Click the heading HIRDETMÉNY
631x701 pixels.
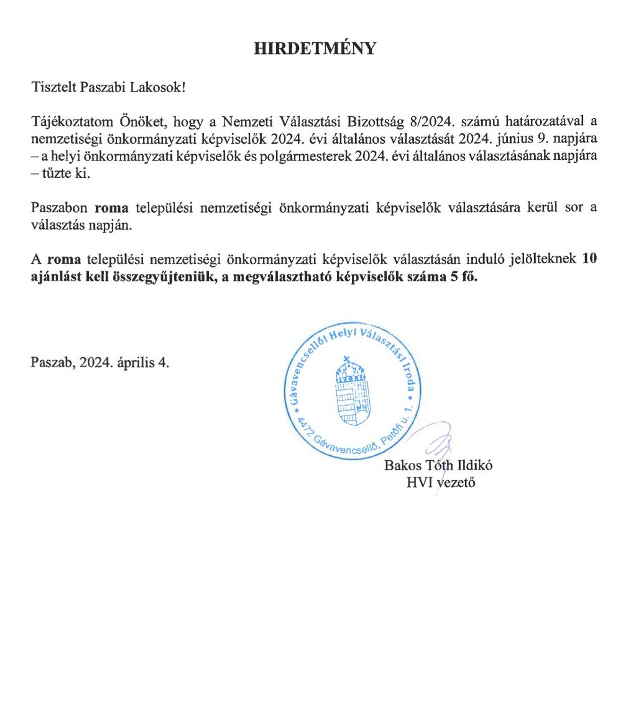(x=315, y=49)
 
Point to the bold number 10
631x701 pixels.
(x=591, y=260)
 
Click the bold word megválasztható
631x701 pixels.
(x=277, y=278)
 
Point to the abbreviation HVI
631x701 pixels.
(x=419, y=481)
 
